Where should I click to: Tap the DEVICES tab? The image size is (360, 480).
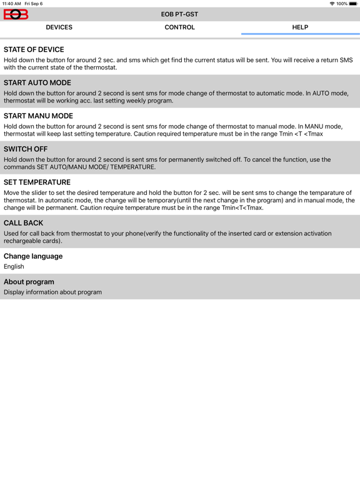coord(59,27)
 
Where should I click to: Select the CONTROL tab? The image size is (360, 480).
coord(180,27)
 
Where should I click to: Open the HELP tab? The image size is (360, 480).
coord(300,27)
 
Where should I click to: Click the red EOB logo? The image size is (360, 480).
coord(16,14)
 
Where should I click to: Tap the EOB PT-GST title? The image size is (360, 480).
coord(180,14)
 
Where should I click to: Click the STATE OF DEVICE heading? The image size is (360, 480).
coord(34,50)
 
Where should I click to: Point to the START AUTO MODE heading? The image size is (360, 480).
coord(37,83)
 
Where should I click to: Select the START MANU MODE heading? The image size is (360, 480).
coord(38,116)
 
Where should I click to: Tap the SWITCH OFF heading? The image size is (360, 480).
coord(26,149)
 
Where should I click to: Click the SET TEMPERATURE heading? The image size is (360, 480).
coord(37,182)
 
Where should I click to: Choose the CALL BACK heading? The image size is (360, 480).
coord(24,223)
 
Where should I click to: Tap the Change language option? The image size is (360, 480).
coord(33,256)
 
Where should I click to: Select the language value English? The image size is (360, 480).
coord(14,267)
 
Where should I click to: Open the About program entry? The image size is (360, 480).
coord(29,282)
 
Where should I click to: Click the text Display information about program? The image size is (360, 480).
coord(52,292)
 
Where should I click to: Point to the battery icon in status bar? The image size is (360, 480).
coord(353,4)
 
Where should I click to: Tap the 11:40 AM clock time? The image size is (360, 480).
coord(11,4)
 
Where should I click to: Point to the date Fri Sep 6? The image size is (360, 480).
coord(34,4)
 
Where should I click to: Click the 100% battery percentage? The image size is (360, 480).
coord(342,4)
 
